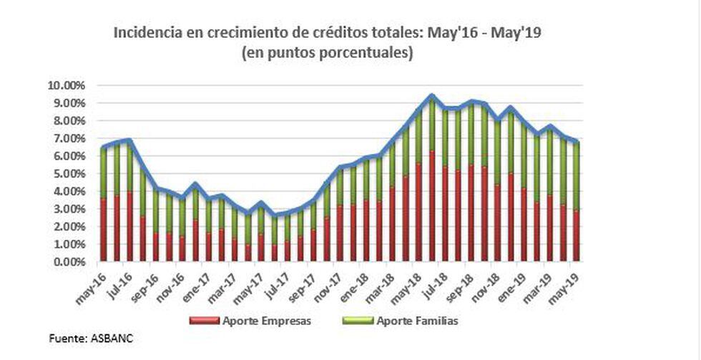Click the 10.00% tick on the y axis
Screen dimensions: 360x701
tap(69, 86)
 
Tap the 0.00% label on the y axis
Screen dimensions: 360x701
tap(71, 262)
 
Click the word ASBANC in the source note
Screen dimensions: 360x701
tap(112, 338)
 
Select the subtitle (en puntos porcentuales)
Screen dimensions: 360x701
tap(328, 53)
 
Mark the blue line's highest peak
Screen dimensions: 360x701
tap(432, 94)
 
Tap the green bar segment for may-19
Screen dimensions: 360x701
tap(576, 176)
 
